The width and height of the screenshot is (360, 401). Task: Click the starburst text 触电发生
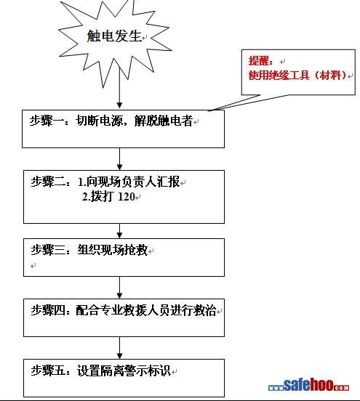click(x=114, y=36)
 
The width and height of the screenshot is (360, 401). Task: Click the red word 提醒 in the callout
click(x=259, y=61)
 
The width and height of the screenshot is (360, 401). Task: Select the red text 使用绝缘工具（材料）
click(x=297, y=76)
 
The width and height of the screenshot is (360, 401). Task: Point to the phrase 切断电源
click(x=99, y=121)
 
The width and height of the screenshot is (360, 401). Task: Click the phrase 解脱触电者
click(x=164, y=121)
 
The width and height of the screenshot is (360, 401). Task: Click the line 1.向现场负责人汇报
click(x=129, y=182)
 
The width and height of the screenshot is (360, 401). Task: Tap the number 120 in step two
click(x=127, y=196)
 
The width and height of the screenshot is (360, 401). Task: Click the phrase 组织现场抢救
click(x=113, y=250)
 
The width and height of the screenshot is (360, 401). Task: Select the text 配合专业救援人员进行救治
click(x=146, y=310)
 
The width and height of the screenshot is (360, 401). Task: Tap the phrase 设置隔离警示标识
click(x=124, y=370)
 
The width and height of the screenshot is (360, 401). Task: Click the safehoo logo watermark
click(x=308, y=386)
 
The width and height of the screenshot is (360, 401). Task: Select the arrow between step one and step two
click(x=119, y=159)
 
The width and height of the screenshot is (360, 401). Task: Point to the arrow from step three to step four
click(x=119, y=288)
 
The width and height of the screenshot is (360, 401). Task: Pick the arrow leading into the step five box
click(x=119, y=348)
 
